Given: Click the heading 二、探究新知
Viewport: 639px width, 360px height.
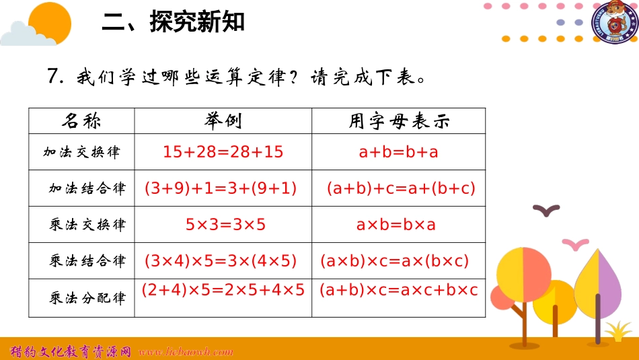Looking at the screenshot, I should click(173, 23).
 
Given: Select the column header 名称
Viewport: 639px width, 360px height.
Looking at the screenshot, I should click(81, 121).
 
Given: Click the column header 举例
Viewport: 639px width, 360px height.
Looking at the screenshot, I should click(223, 121).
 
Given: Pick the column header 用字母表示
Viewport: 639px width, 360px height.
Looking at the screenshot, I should click(398, 121).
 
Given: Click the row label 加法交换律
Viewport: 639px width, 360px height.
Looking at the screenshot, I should click(81, 152).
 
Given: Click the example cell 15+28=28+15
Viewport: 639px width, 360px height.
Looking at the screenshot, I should click(223, 152).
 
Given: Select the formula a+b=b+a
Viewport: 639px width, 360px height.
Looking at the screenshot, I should click(398, 152).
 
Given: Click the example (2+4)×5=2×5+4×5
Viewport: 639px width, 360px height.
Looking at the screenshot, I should click(223, 291).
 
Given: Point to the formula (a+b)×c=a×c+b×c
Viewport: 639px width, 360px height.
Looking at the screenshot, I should click(398, 291).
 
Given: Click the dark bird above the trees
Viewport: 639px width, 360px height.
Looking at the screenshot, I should click(546, 211).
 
